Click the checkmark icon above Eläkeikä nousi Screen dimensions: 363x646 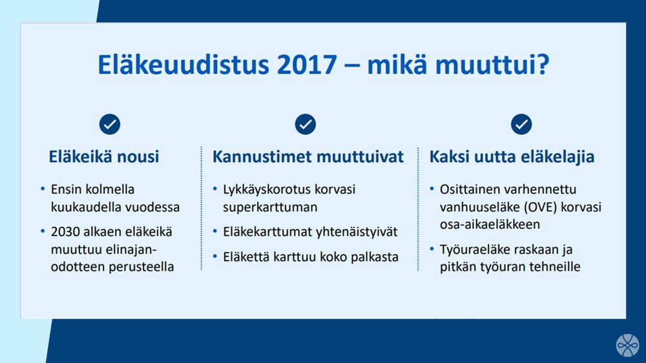point(110,124)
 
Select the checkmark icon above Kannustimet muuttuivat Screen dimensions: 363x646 point(306,124)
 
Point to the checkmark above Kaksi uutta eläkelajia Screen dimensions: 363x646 point(521,124)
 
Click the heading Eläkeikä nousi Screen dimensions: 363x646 point(104,157)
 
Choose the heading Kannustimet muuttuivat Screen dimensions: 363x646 point(308,157)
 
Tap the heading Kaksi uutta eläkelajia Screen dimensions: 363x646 point(512,157)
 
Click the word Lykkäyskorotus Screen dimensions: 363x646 point(265,190)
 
